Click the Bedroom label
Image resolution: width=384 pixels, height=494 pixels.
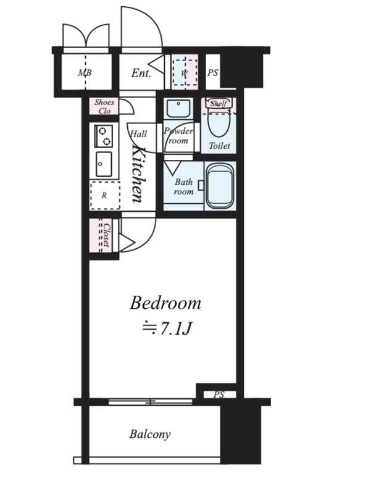pos(165,303)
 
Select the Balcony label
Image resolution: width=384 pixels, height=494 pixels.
pos(150,434)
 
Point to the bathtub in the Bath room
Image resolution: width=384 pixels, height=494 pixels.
pos(220,186)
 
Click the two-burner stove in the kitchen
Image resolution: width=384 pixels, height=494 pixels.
pos(104,136)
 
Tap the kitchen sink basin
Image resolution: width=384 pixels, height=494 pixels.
pos(104,164)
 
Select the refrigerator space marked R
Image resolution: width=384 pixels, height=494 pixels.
pos(105,195)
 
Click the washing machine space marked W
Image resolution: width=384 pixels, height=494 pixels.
pos(185,73)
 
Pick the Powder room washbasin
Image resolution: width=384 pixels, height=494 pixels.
pos(178,109)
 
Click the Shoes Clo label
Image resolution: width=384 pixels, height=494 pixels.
pos(104,106)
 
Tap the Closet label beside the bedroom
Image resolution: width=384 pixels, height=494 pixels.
pos(107,235)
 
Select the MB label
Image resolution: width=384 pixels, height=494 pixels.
pos(85,73)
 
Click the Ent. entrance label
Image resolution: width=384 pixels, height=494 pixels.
pos(141,73)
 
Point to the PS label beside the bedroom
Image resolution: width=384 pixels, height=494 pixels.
pos(219,395)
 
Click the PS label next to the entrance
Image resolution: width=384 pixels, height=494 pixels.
pos(212,73)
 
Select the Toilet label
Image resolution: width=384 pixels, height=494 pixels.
pos(220,146)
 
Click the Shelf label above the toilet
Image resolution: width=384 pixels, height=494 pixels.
pos(219,103)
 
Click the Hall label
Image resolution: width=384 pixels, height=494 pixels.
pos(139,134)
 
